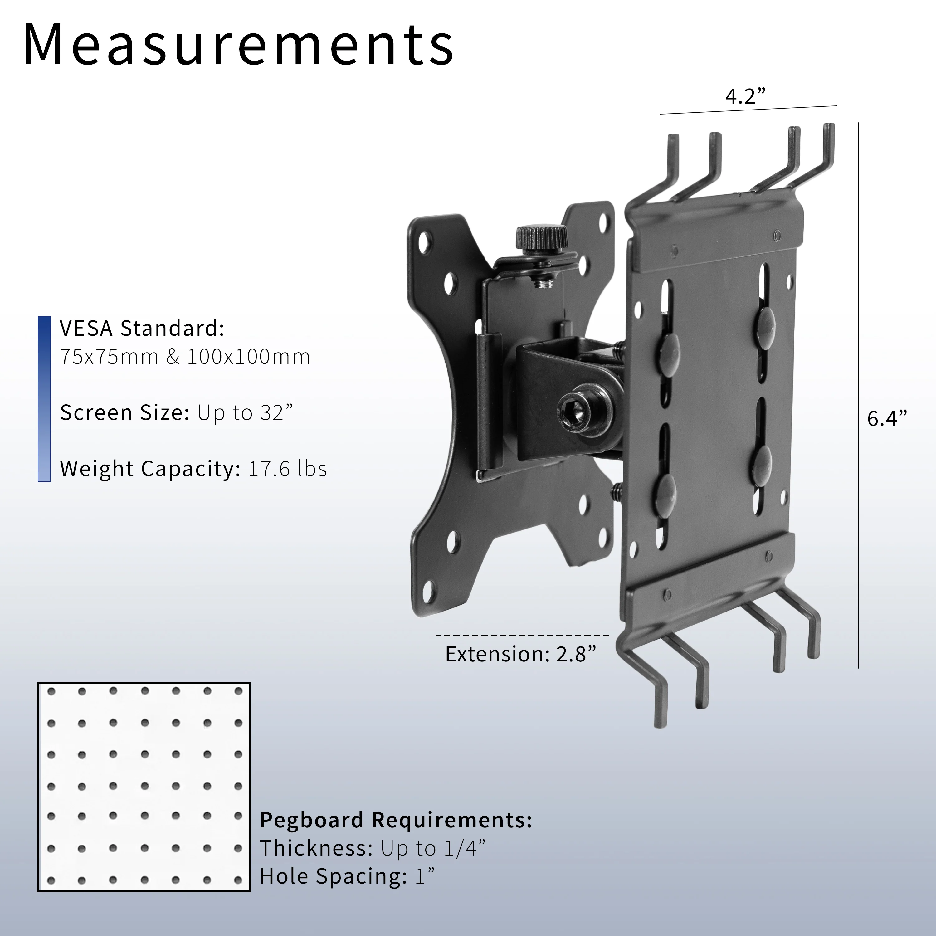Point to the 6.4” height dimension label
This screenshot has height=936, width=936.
pyautogui.click(x=887, y=418)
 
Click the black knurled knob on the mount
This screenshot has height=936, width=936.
pyautogui.click(x=542, y=237)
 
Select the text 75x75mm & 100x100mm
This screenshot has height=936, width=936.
pyautogui.click(x=185, y=357)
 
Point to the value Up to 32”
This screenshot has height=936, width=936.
pyautogui.click(x=245, y=413)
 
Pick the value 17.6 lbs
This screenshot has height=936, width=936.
pyautogui.click(x=287, y=469)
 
